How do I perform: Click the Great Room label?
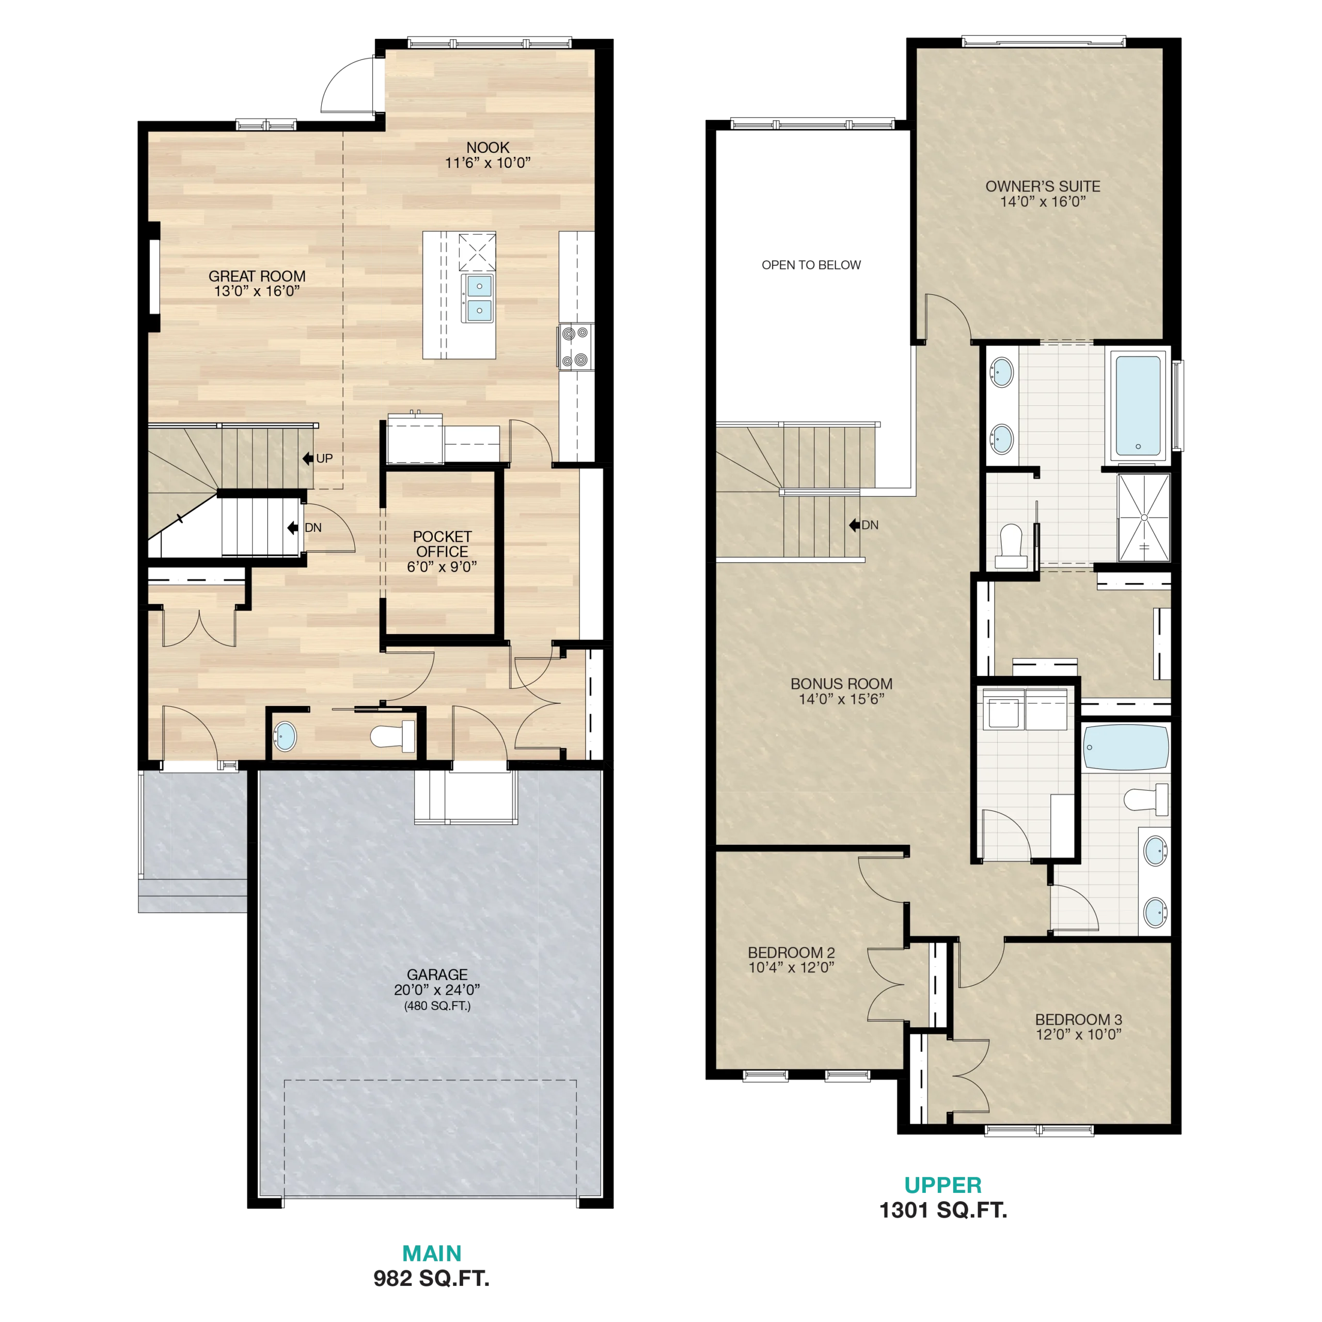click(x=257, y=284)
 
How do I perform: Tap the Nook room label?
click(x=488, y=154)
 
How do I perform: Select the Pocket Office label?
click(x=442, y=551)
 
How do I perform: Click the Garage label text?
click(x=437, y=989)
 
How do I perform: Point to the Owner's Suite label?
click(x=1043, y=194)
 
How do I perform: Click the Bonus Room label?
click(x=842, y=691)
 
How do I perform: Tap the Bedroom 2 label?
click(x=791, y=959)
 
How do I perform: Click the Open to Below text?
click(x=812, y=265)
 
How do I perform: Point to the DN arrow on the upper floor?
click(x=855, y=525)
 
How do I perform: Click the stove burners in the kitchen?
click(x=575, y=347)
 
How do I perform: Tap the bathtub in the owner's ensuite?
click(x=1138, y=406)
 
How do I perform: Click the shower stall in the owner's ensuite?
click(x=1144, y=517)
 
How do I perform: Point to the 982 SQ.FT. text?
click(x=431, y=1278)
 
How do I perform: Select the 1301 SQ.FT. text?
click(x=943, y=1210)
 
